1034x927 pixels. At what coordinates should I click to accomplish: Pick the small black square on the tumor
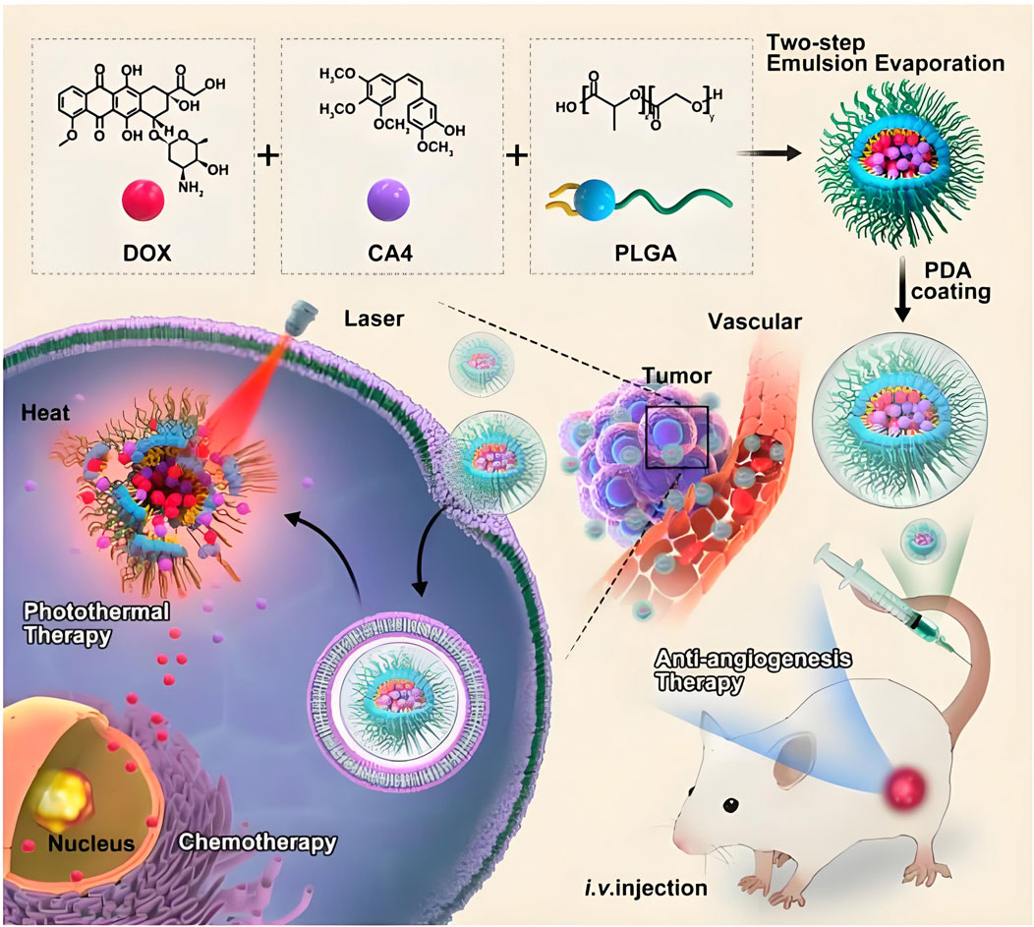[677, 436]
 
